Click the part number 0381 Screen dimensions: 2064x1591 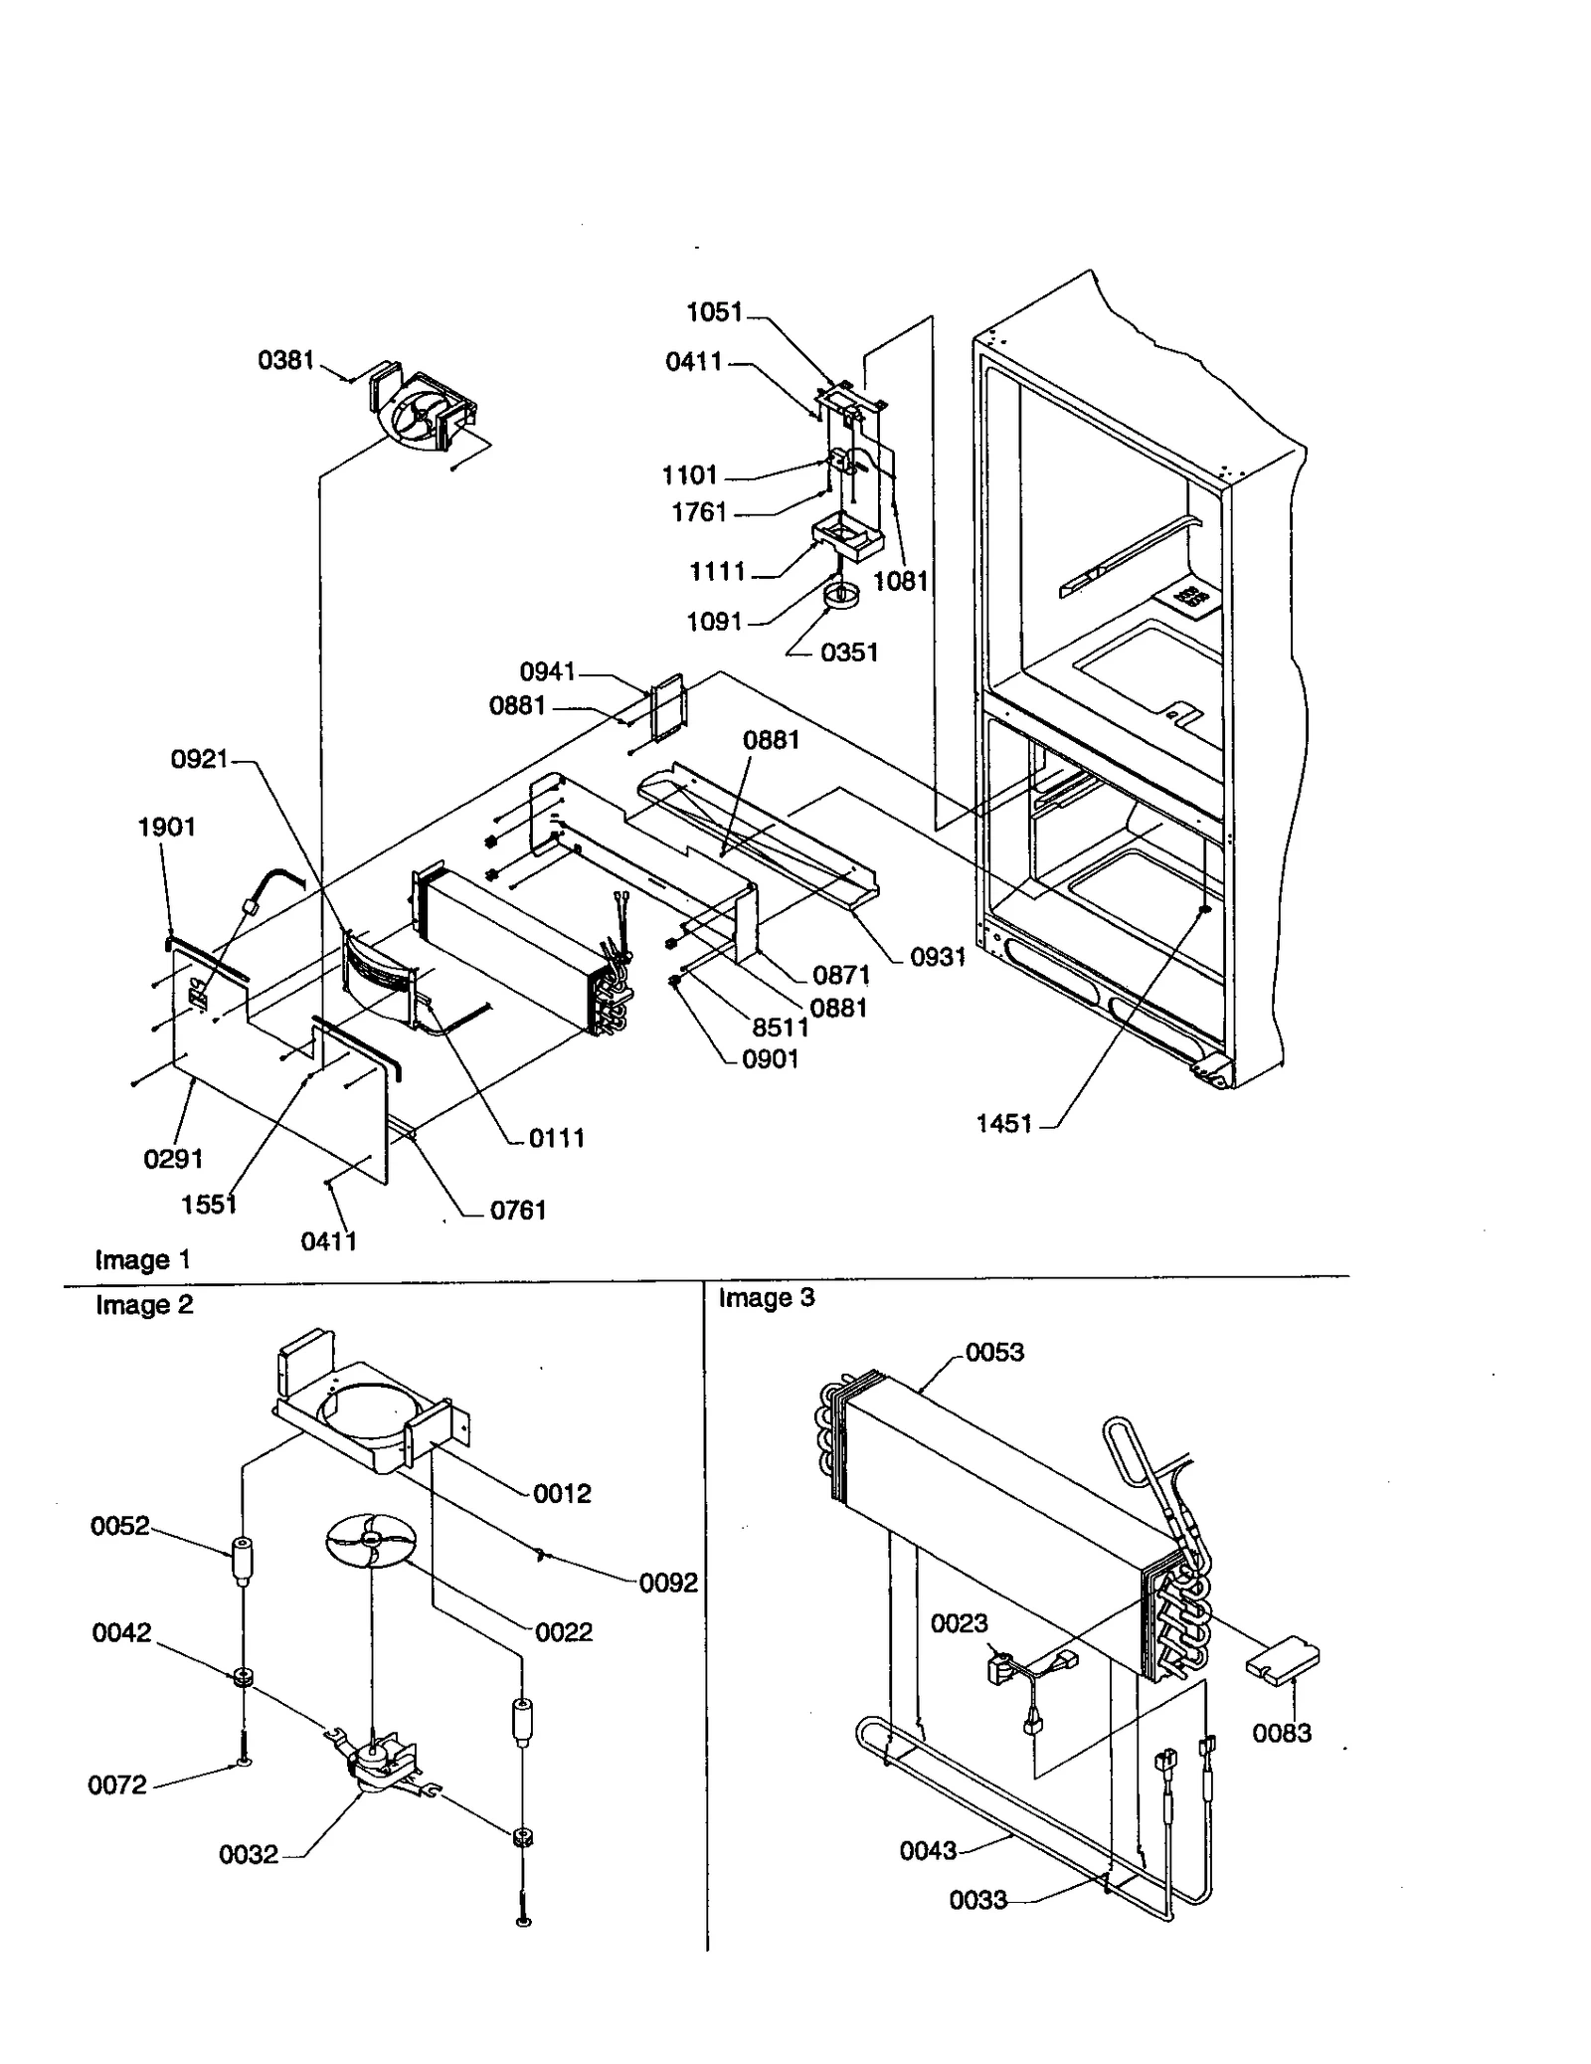coord(285,360)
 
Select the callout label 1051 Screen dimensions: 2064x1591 coord(714,312)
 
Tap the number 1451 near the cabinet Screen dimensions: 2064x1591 coord(1004,1123)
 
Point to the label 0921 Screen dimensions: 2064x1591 coord(199,760)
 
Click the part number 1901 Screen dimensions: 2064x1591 coord(166,827)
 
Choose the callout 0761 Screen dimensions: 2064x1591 coord(518,1210)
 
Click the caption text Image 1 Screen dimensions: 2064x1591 coord(142,1260)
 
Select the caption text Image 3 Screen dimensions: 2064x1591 coord(766,1298)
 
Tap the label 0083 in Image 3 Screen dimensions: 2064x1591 coord(1281,1733)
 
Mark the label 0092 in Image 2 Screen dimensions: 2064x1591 coord(668,1583)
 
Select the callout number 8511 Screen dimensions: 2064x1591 coord(780,1027)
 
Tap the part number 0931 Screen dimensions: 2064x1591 coord(938,957)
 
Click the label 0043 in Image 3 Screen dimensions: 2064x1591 coord(928,1850)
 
